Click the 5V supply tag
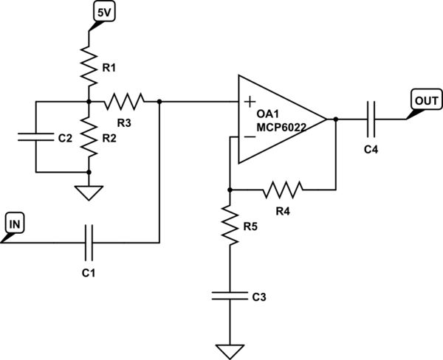click(101, 12)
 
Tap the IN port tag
click(15, 221)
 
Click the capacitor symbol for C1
click(89, 242)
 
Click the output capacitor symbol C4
click(372, 118)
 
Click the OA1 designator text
click(268, 115)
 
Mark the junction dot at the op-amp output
click(336, 118)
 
